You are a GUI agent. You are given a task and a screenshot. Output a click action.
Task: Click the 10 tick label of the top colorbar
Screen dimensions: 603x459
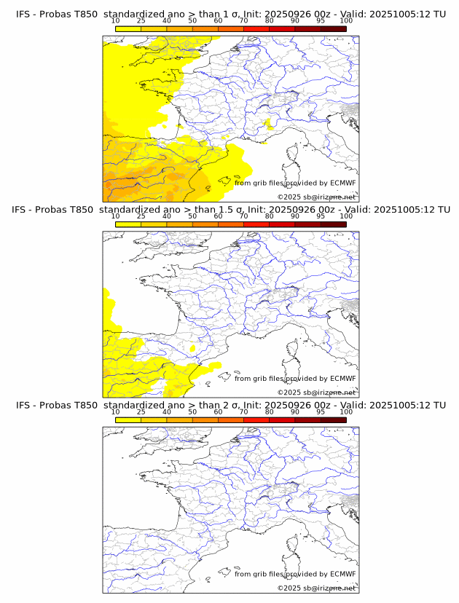pyautogui.click(x=115, y=22)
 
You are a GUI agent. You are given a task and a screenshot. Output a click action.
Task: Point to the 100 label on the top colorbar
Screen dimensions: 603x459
pyautogui.click(x=346, y=22)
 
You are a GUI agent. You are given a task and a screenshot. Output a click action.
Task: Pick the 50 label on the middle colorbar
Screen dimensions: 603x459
pyautogui.click(x=192, y=217)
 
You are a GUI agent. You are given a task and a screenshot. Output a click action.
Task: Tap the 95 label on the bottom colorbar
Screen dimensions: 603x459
pyautogui.click(x=321, y=412)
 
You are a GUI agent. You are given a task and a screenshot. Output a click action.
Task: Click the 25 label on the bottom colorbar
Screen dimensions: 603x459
pyautogui.click(x=141, y=412)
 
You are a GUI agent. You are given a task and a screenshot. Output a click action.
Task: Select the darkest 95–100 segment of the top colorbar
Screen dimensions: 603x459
pyautogui.click(x=333, y=28)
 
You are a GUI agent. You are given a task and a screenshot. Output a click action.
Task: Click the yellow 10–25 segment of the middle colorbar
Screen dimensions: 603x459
pyautogui.click(x=128, y=224)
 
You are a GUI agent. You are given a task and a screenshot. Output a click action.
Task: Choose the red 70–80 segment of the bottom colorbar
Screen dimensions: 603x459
pyautogui.click(x=256, y=419)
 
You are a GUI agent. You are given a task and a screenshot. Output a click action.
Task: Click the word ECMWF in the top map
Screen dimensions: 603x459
pyautogui.click(x=343, y=183)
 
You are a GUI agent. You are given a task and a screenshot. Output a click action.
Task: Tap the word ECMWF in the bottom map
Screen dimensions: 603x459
pyautogui.click(x=343, y=574)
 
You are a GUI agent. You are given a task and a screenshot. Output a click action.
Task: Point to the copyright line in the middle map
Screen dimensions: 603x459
pyautogui.click(x=316, y=393)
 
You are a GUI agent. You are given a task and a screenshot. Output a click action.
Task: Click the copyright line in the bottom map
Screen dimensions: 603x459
pyautogui.click(x=316, y=588)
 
